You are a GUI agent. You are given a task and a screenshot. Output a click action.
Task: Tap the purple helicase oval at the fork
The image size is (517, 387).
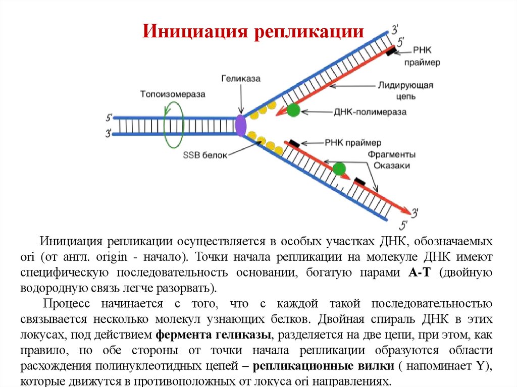click(241, 125)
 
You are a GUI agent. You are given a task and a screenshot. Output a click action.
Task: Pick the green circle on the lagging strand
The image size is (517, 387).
click(339, 169)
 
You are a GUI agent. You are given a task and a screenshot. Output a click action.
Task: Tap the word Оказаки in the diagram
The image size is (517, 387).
click(392, 165)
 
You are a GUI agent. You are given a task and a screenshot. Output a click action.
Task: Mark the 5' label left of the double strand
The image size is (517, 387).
click(108, 118)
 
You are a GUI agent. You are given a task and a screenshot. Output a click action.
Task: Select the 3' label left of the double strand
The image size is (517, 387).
click(108, 134)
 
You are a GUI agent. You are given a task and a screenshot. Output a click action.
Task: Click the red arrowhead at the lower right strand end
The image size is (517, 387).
click(406, 210)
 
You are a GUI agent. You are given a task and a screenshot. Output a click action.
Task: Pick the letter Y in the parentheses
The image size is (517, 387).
click(480, 367)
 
